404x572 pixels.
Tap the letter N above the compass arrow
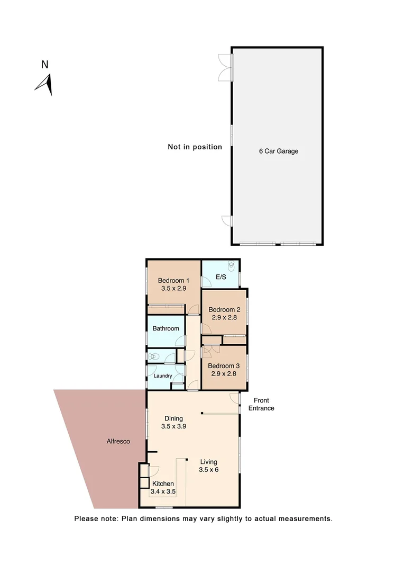pyautogui.click(x=45, y=65)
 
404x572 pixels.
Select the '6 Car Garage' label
pyautogui.click(x=279, y=151)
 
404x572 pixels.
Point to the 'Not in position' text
pyautogui.click(x=195, y=147)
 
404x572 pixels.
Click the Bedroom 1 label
pyautogui.click(x=173, y=281)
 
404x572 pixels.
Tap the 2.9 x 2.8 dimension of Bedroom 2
pyautogui.click(x=224, y=319)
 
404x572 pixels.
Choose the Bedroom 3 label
pyautogui.click(x=224, y=366)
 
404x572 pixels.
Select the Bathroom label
pyautogui.click(x=166, y=328)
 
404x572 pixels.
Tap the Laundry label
pyautogui.click(x=163, y=376)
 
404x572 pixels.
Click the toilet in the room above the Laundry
pyautogui.click(x=153, y=356)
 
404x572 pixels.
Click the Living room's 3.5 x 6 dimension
pyautogui.click(x=208, y=469)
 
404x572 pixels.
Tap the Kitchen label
pyautogui.click(x=163, y=484)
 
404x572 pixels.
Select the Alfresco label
pyautogui.click(x=118, y=441)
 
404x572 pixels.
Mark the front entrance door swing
pyautogui.click(x=235, y=398)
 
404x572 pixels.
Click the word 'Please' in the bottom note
pyautogui.click(x=86, y=519)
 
